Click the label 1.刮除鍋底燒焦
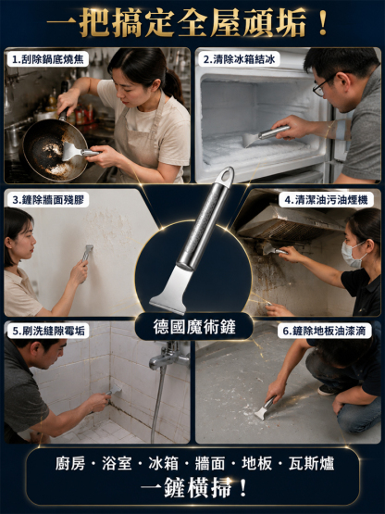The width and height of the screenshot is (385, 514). click(48, 59)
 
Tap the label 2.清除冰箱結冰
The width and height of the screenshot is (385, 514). click(239, 59)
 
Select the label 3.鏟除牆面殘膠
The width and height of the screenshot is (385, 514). click(48, 200)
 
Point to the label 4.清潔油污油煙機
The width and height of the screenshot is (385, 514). click(326, 200)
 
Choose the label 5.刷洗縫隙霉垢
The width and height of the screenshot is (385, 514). click(48, 331)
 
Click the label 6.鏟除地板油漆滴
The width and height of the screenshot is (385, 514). click(325, 331)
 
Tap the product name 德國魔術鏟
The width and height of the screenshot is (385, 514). click(194, 327)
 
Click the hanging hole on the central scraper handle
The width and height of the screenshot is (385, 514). click(227, 175)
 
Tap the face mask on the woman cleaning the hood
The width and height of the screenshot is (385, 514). click(353, 255)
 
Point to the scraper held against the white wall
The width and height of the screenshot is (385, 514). click(88, 253)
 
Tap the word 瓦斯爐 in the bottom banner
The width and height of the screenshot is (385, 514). click(311, 464)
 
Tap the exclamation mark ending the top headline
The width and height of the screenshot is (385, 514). click(322, 22)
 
